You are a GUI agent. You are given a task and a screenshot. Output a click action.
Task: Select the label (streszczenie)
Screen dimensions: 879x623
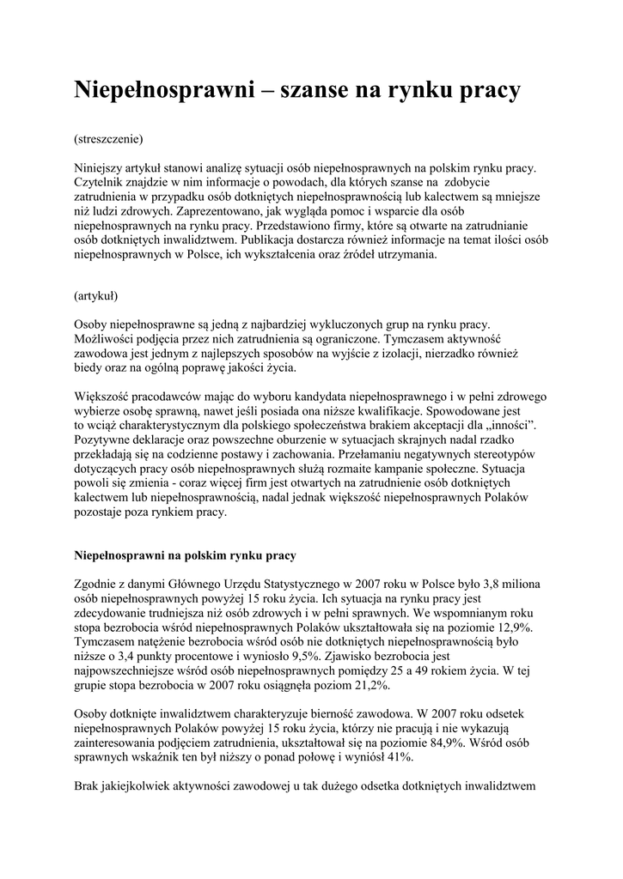coord(108,138)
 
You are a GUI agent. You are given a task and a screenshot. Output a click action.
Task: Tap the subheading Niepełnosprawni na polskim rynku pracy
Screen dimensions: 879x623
coord(186,556)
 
